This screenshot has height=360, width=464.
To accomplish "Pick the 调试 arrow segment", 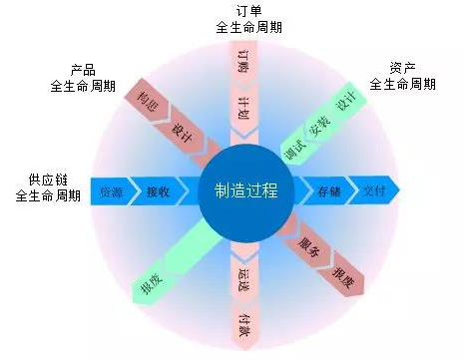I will (295, 149).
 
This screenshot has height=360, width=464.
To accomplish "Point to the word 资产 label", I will (402, 68).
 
